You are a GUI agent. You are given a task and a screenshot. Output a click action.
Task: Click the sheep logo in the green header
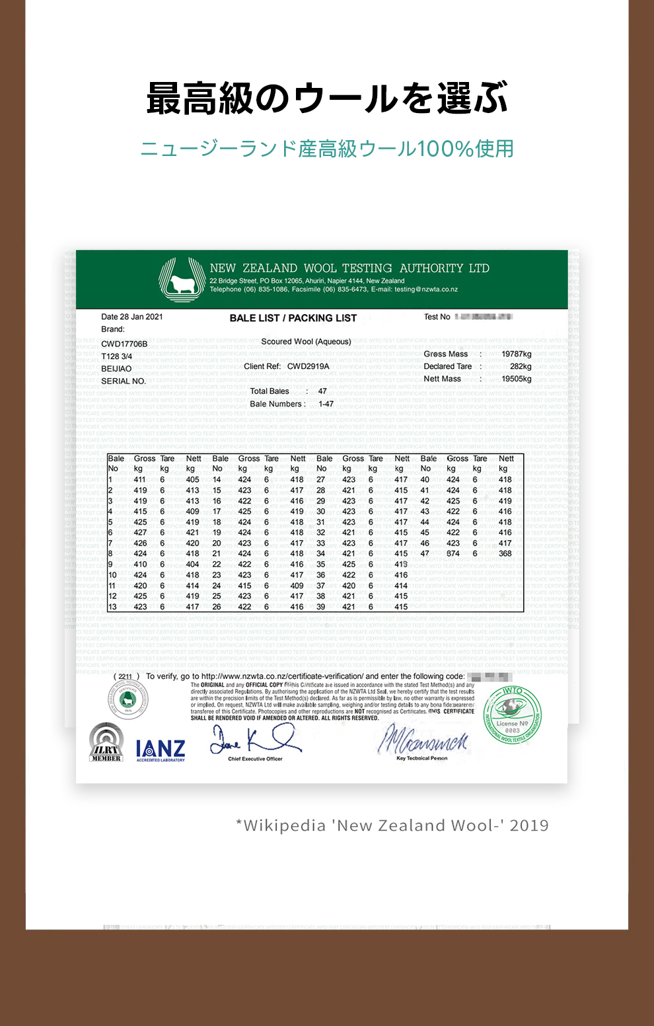182,280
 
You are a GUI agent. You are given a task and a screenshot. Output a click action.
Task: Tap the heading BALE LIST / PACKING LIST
293,318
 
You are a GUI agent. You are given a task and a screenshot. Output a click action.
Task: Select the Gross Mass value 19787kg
516,354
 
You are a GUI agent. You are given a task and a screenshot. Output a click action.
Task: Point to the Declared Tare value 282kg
520,366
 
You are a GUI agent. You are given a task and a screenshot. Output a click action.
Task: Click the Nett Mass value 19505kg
516,379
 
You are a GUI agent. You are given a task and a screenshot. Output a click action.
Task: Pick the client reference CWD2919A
308,366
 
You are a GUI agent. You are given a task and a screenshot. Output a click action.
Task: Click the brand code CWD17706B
124,344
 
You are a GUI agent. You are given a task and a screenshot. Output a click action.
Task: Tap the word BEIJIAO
116,369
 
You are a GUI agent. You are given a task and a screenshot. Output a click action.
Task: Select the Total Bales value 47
322,391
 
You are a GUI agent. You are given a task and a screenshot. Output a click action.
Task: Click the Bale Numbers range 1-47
326,404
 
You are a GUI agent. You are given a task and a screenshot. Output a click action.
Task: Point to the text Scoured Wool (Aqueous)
306,342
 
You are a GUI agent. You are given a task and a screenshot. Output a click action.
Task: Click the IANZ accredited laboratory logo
161,750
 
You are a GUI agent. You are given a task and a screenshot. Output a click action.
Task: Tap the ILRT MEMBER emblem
106,742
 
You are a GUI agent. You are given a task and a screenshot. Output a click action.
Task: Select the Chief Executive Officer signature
254,740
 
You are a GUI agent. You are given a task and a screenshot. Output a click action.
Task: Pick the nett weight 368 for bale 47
505,554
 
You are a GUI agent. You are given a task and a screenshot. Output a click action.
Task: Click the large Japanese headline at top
327,99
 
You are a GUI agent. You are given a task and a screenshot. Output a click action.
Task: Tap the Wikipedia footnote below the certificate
392,826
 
